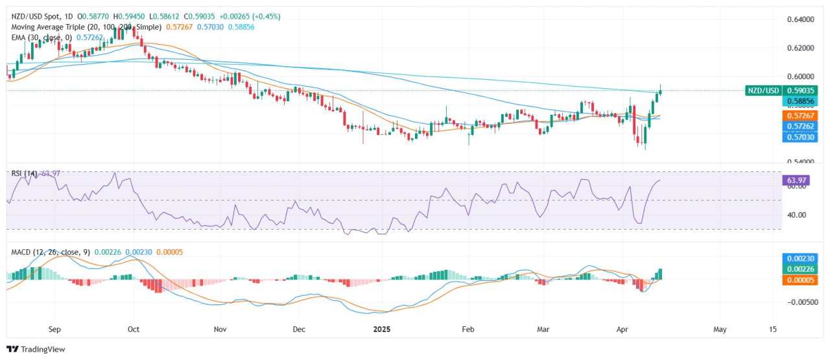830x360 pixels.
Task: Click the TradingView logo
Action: coord(36,349)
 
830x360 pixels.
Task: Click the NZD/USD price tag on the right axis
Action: coord(764,91)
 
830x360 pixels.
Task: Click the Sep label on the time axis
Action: coord(54,329)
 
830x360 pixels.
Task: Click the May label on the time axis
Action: coord(720,329)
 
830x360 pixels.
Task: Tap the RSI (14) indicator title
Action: coord(25,173)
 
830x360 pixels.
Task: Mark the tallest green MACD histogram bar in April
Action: coord(661,274)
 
